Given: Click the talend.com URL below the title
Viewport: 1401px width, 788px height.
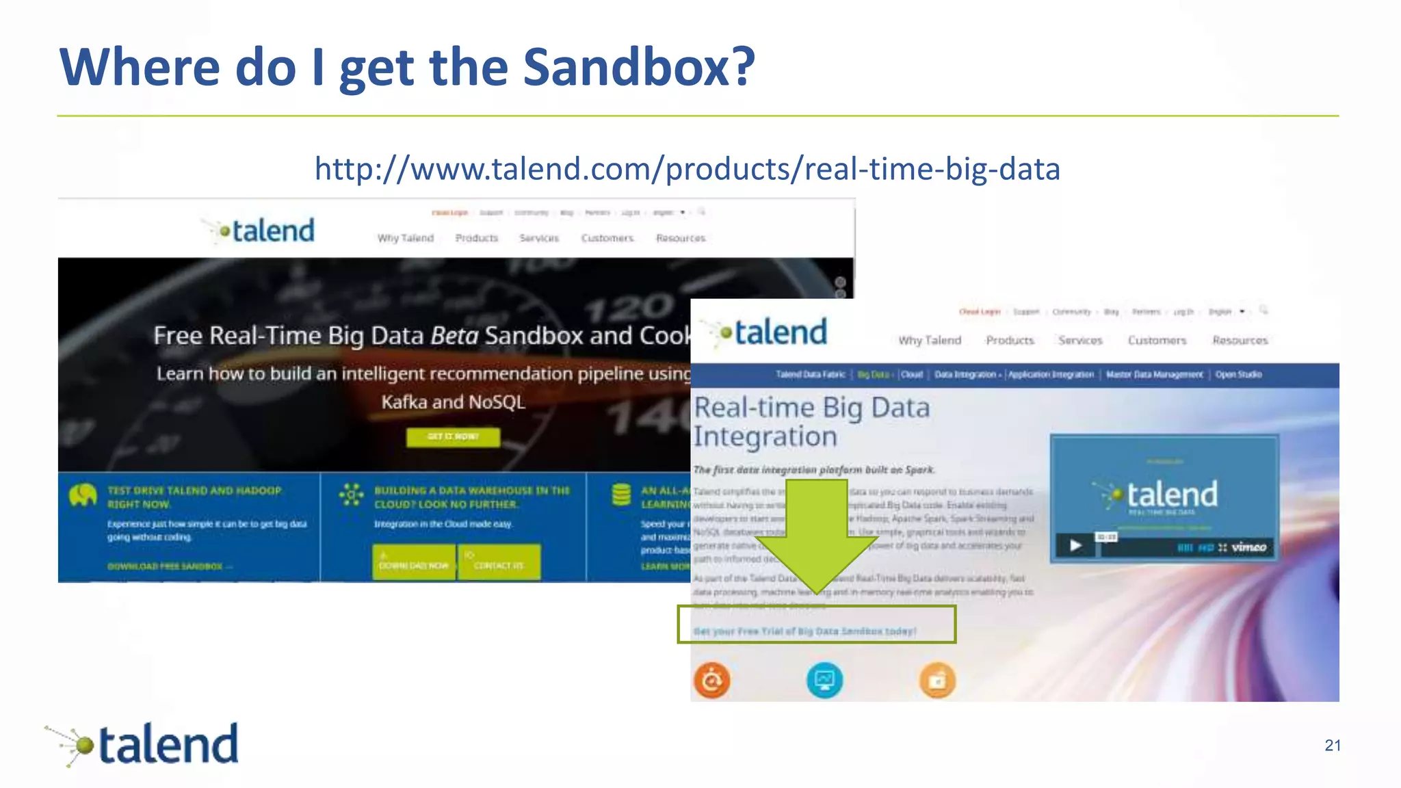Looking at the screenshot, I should click(687, 169).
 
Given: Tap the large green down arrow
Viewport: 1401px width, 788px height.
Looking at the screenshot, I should click(817, 533).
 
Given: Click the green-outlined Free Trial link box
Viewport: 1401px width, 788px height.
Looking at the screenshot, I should click(816, 625).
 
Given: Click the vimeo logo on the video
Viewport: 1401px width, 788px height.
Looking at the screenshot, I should click(1248, 547).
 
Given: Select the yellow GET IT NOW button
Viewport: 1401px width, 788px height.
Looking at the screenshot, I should click(453, 437).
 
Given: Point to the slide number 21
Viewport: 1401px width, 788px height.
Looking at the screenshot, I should click(1332, 746).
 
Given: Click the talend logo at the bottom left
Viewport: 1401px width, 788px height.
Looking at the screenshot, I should click(144, 744).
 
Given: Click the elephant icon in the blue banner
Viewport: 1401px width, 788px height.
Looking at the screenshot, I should click(83, 495).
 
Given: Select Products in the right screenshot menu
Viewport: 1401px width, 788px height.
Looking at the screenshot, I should click(1010, 341).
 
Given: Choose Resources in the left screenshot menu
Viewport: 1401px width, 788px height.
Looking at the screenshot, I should click(680, 238).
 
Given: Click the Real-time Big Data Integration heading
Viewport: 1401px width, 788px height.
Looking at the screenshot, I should click(811, 422).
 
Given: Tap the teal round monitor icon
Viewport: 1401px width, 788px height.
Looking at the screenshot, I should click(824, 681).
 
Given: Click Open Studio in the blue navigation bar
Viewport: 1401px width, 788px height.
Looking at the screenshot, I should click(1238, 375).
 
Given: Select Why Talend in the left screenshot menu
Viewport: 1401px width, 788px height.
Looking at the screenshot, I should click(406, 238).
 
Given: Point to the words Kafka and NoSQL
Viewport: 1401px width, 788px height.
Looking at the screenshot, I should click(453, 402).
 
